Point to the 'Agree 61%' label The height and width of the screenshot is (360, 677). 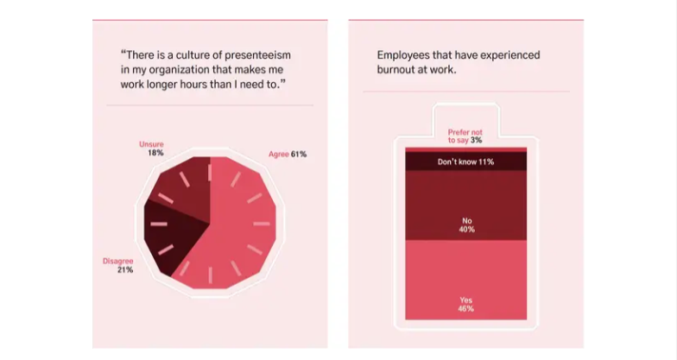click(x=287, y=154)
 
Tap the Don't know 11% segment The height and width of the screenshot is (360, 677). click(x=465, y=161)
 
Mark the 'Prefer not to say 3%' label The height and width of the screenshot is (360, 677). click(x=465, y=135)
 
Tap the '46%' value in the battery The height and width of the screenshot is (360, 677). click(x=466, y=308)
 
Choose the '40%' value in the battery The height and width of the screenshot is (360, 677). click(x=466, y=230)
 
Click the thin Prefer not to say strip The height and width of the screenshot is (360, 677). click(x=465, y=148)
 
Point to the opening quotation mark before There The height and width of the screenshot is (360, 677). click(x=123, y=54)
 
